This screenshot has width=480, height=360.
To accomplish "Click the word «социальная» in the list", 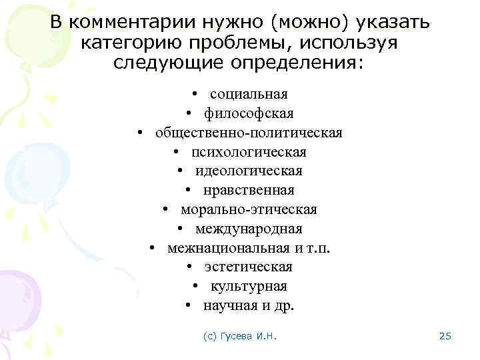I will [x=249, y=94].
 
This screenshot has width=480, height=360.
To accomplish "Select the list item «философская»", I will [x=249, y=113].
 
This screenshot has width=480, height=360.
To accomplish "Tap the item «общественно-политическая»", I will [x=249, y=133].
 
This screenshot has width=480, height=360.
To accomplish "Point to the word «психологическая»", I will [x=249, y=152].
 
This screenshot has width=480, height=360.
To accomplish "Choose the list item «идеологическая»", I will [x=249, y=171].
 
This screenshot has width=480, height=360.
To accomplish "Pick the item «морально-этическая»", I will [x=249, y=209].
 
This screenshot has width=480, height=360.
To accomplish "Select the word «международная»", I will [x=249, y=229].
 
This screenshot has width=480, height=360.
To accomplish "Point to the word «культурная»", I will [x=249, y=286].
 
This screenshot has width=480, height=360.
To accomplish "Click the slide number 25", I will [x=446, y=337].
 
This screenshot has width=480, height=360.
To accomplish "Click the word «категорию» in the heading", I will [x=131, y=44].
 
